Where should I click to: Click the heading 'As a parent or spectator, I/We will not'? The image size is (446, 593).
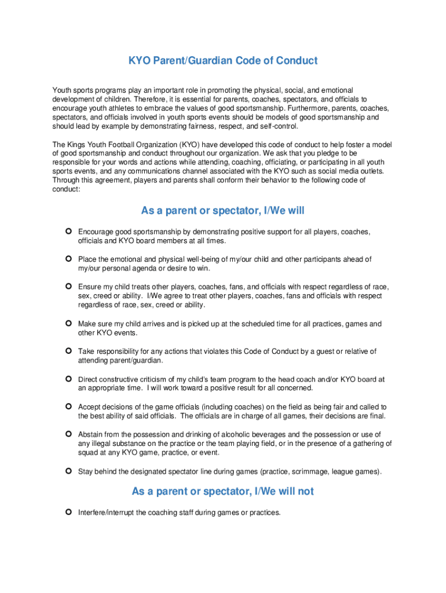223,491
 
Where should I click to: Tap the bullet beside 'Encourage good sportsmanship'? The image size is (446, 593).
68,232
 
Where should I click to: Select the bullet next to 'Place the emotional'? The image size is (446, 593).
68,259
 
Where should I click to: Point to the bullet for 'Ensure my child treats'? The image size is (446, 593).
68,287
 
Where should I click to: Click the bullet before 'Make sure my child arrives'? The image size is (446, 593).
68,324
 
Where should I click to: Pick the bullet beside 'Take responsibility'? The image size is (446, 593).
68,351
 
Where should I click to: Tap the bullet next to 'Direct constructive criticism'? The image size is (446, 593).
68,379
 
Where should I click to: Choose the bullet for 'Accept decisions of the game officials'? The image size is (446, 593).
68,407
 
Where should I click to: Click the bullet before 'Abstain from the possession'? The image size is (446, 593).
68,434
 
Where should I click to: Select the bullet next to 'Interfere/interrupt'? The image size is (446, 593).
68,512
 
